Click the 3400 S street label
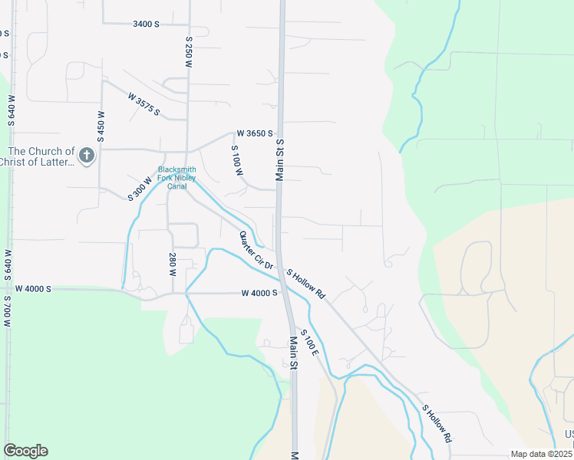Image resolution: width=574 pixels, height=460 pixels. point(146,24)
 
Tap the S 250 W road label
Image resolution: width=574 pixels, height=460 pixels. point(188,51)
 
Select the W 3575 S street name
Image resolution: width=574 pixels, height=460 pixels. point(144,105)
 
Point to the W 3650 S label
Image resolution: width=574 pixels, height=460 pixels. point(255,133)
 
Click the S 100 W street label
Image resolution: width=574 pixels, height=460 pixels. point(237,162)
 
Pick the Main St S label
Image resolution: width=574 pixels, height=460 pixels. point(280,159)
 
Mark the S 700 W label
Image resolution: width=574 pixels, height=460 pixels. point(7,308)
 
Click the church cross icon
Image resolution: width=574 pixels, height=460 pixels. point(87,156)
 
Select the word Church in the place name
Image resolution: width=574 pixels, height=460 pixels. point(51,151)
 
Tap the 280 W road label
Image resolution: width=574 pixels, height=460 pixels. point(173,262)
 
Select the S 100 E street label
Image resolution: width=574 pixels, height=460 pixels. point(309,341)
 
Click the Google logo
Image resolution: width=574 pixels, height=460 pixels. point(25,451)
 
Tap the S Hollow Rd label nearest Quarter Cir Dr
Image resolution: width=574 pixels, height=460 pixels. point(306,284)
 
